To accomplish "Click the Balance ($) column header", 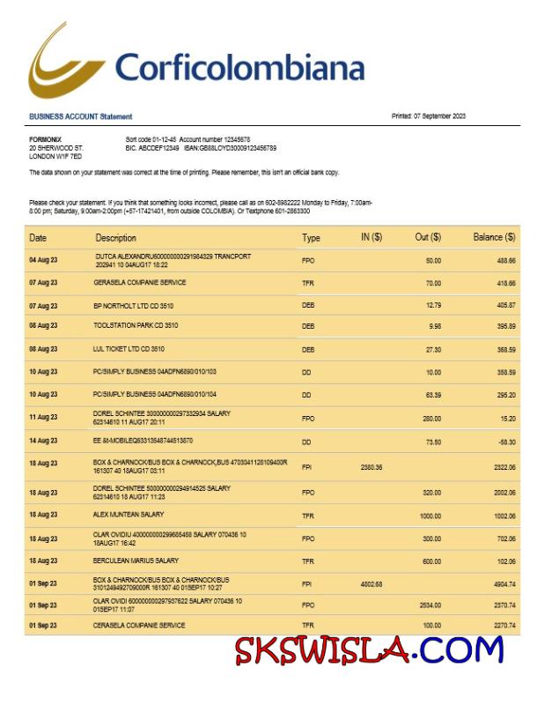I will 494,237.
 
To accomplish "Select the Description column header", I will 115,238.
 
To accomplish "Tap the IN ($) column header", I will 371,237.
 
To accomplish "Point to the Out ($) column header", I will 428,237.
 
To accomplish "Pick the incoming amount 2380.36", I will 371,466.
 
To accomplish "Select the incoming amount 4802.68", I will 371,583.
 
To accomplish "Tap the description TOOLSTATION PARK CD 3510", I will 136,326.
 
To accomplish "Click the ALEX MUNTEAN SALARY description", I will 129,514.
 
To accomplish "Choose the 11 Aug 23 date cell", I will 43,417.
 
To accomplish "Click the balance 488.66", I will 505,261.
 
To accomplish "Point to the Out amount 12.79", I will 432,305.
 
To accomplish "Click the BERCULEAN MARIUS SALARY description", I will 136,560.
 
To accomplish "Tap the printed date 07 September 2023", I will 429,116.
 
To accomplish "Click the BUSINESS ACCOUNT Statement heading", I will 80,116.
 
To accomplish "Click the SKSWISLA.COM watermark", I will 369,650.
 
